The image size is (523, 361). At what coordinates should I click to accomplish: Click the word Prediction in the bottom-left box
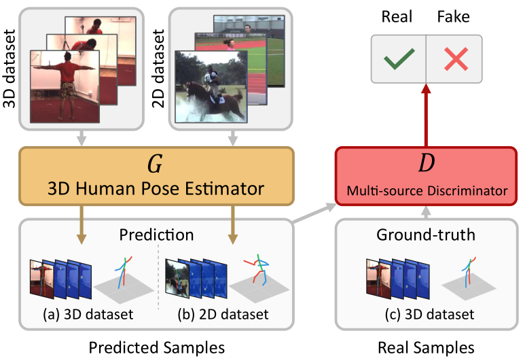(x=156, y=235)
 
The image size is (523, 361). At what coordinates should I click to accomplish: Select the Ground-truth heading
(x=426, y=235)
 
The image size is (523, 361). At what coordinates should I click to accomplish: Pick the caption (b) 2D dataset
(x=222, y=315)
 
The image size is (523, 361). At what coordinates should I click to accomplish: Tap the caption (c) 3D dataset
(x=426, y=315)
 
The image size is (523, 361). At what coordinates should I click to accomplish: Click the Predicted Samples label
(x=156, y=347)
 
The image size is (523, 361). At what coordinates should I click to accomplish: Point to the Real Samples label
(x=426, y=347)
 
